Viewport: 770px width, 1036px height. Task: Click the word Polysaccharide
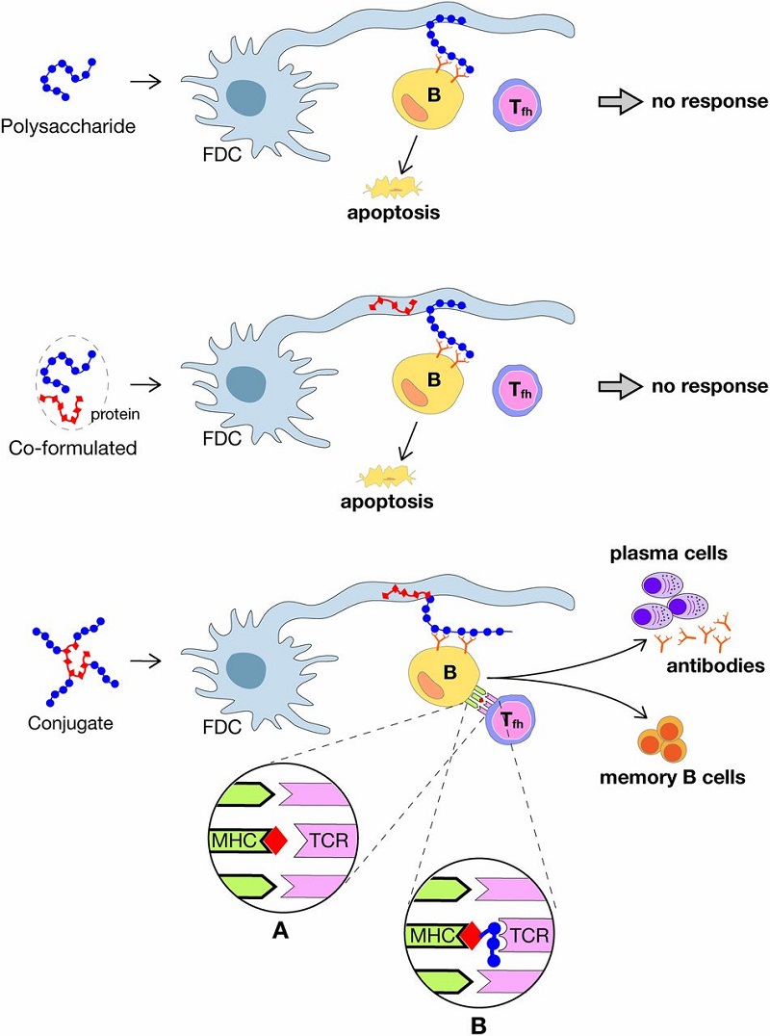click(68, 125)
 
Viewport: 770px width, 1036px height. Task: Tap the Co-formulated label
click(72, 448)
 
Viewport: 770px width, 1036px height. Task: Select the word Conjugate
click(70, 723)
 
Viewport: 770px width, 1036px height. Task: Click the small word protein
click(115, 415)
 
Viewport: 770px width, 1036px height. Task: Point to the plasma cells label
click(668, 553)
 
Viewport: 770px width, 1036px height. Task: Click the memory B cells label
click(672, 777)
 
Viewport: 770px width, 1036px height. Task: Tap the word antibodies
click(715, 665)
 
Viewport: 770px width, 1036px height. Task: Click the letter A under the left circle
click(281, 931)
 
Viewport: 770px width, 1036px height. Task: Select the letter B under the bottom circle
click(478, 1025)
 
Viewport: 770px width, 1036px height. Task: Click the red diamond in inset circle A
click(276, 841)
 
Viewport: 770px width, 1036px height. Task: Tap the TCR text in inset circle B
click(529, 936)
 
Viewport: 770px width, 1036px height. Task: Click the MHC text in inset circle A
click(234, 841)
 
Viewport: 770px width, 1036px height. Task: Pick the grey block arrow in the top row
click(621, 102)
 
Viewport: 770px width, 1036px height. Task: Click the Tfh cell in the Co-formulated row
click(517, 389)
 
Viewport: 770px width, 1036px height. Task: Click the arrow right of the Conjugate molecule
click(146, 660)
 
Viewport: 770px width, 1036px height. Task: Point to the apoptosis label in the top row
click(394, 213)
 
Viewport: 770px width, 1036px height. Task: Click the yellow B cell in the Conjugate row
click(446, 674)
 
